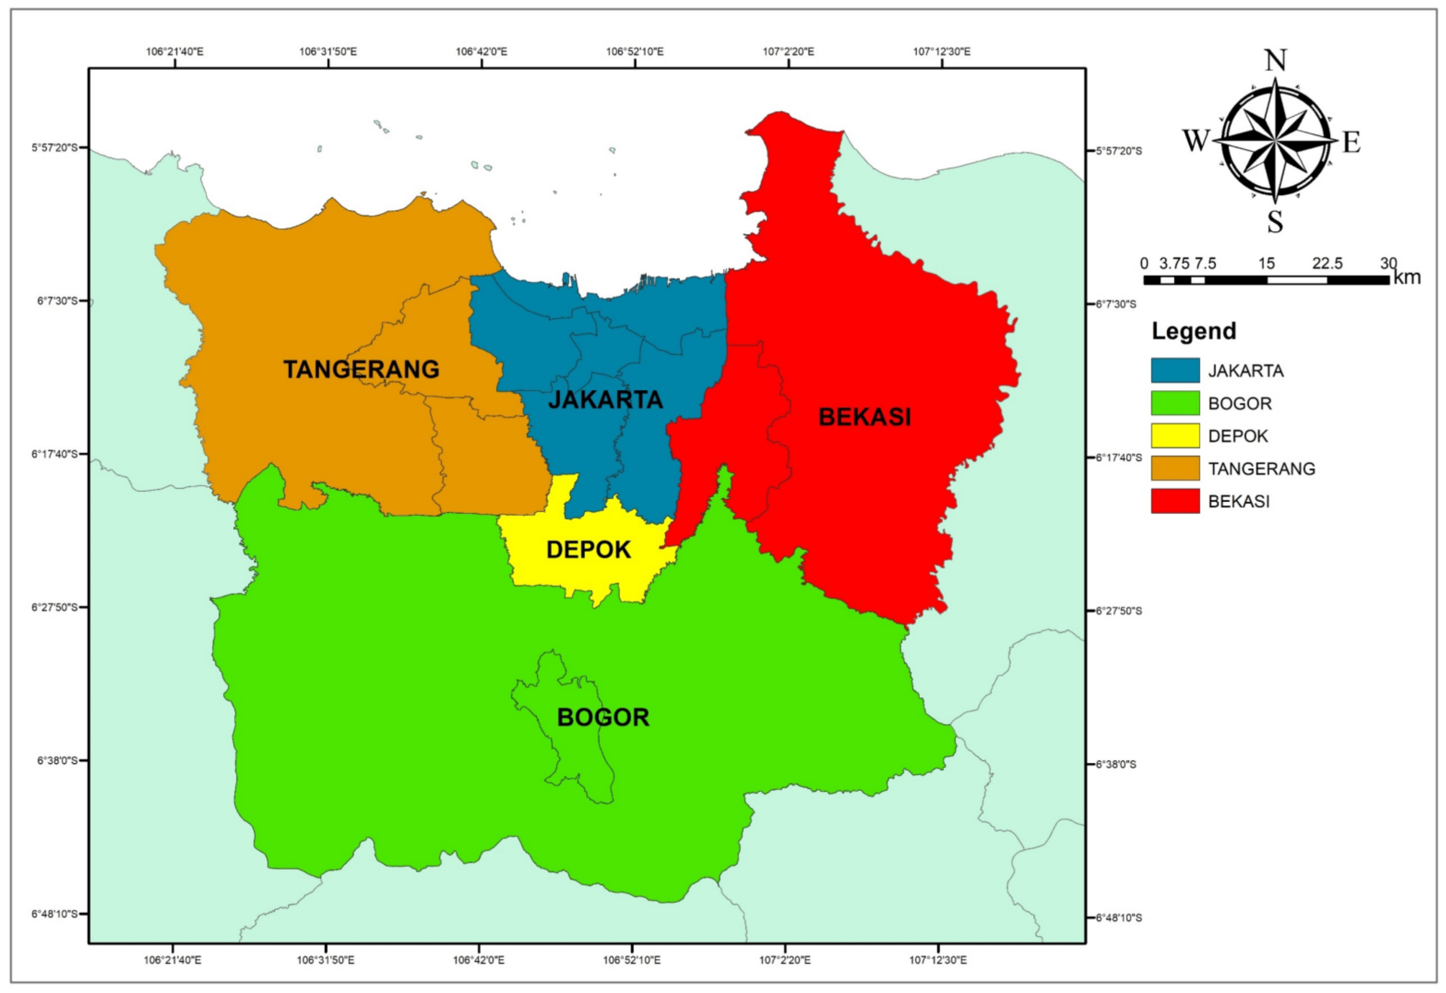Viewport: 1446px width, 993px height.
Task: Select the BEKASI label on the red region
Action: point(864,417)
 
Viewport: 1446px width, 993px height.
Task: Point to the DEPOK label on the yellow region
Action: point(588,550)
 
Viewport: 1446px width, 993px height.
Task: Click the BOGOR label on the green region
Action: point(602,717)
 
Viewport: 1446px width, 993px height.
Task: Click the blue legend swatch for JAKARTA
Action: point(1175,370)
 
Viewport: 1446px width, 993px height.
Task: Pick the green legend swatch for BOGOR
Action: point(1175,403)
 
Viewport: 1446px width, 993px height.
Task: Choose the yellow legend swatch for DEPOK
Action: point(1175,436)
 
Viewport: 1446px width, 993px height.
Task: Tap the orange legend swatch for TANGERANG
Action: point(1175,469)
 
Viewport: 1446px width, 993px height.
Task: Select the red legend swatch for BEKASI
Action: point(1175,501)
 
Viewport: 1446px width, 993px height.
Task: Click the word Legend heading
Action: point(1193,331)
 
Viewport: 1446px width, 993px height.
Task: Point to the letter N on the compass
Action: point(1275,61)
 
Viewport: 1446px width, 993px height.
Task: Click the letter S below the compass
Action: point(1275,222)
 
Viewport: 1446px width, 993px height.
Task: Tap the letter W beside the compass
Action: point(1195,141)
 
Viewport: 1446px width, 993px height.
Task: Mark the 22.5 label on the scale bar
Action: point(1327,263)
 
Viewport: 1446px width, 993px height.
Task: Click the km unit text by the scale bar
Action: point(1406,277)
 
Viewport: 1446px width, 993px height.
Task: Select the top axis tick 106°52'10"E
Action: point(635,51)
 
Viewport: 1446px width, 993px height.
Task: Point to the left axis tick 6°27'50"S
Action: point(55,607)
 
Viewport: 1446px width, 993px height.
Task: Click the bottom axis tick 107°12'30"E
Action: point(938,960)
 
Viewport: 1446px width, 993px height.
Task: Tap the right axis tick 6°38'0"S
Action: point(1116,764)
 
